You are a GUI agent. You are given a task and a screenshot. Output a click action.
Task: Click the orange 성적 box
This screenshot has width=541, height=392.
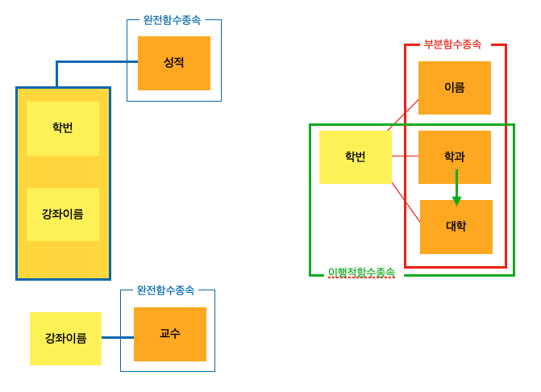point(173,63)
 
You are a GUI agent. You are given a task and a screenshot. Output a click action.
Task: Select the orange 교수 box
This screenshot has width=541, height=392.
point(169,334)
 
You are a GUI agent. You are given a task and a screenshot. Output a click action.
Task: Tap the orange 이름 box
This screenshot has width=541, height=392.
point(454,87)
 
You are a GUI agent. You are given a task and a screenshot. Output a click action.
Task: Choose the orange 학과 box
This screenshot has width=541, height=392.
point(454,156)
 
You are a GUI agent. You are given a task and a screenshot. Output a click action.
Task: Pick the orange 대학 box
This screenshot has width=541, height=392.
point(456,227)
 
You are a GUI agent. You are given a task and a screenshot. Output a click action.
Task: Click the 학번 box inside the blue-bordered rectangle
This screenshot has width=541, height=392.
point(62,128)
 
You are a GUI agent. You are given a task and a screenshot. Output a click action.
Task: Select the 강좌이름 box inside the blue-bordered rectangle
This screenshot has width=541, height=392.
point(62,215)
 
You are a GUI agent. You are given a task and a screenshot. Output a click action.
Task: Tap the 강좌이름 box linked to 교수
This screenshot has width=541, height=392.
point(65,338)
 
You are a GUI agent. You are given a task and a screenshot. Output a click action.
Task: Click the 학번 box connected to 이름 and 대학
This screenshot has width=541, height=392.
point(355,157)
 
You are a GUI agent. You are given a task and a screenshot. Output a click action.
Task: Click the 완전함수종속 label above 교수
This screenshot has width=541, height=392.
point(165,290)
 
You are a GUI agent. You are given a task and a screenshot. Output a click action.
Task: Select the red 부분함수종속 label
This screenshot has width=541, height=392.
point(452,44)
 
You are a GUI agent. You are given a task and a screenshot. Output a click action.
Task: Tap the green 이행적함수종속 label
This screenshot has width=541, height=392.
point(361,273)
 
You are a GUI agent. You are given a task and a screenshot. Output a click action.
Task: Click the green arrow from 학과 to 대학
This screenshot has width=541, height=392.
point(456,182)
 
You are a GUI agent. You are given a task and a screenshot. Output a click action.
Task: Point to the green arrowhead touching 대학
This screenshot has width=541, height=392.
point(456,201)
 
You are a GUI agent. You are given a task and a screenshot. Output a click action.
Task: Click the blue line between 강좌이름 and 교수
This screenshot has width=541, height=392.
point(118,337)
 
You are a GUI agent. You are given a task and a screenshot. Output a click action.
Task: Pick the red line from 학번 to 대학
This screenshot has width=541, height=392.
point(406,201)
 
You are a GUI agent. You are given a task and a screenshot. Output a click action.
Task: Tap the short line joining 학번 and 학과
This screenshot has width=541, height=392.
point(405,156)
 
